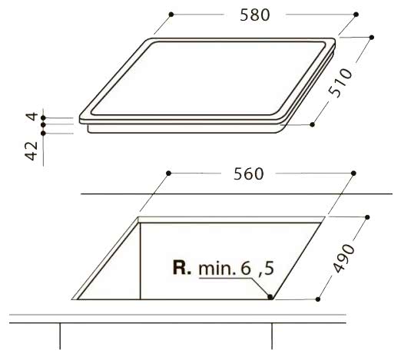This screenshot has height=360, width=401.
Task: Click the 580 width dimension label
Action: coord(255,15)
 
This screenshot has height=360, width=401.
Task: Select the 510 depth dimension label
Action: coord(340,82)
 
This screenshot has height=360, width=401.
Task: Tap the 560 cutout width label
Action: coord(248,174)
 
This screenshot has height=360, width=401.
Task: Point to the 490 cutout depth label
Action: coord(344,258)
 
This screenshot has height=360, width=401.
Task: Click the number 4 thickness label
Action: coord(32,117)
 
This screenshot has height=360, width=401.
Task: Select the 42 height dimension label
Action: coord(31,150)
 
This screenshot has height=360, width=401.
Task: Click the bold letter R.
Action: coord(181,267)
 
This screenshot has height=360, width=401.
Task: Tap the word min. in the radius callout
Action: coord(217,269)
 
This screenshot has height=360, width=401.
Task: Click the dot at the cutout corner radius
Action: coord(270,296)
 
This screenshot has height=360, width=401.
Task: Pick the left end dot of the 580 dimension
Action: coord(171,15)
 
